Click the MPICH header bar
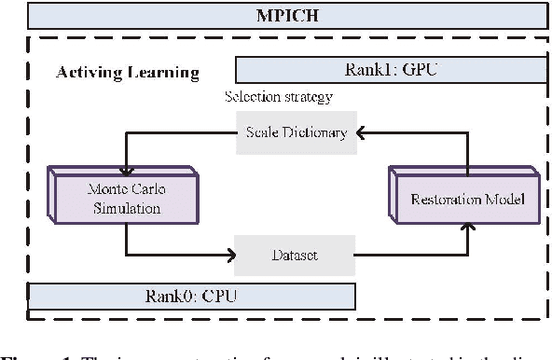point(276,16)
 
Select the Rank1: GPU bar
point(393,71)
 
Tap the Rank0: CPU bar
point(191,297)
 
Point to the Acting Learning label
point(128,72)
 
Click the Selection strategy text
point(278,97)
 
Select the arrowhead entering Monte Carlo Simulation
point(123,163)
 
